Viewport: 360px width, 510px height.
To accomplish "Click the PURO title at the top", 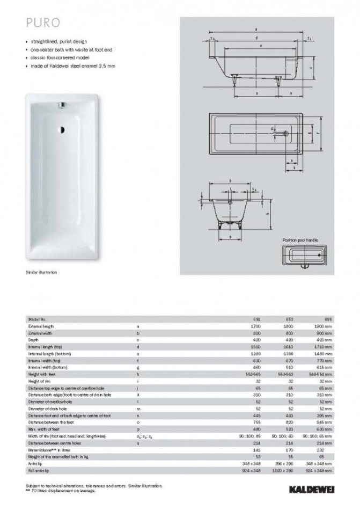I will pyautogui.click(x=40, y=23).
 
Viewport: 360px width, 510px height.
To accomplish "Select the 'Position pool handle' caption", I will pyautogui.click(x=301, y=240).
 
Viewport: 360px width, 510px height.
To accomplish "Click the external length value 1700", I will pyautogui.click(x=255, y=326).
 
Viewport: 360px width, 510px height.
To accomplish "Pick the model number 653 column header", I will pyautogui.click(x=290, y=319).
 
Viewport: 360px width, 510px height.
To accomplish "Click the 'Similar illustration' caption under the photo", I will pyautogui.click(x=41, y=272).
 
